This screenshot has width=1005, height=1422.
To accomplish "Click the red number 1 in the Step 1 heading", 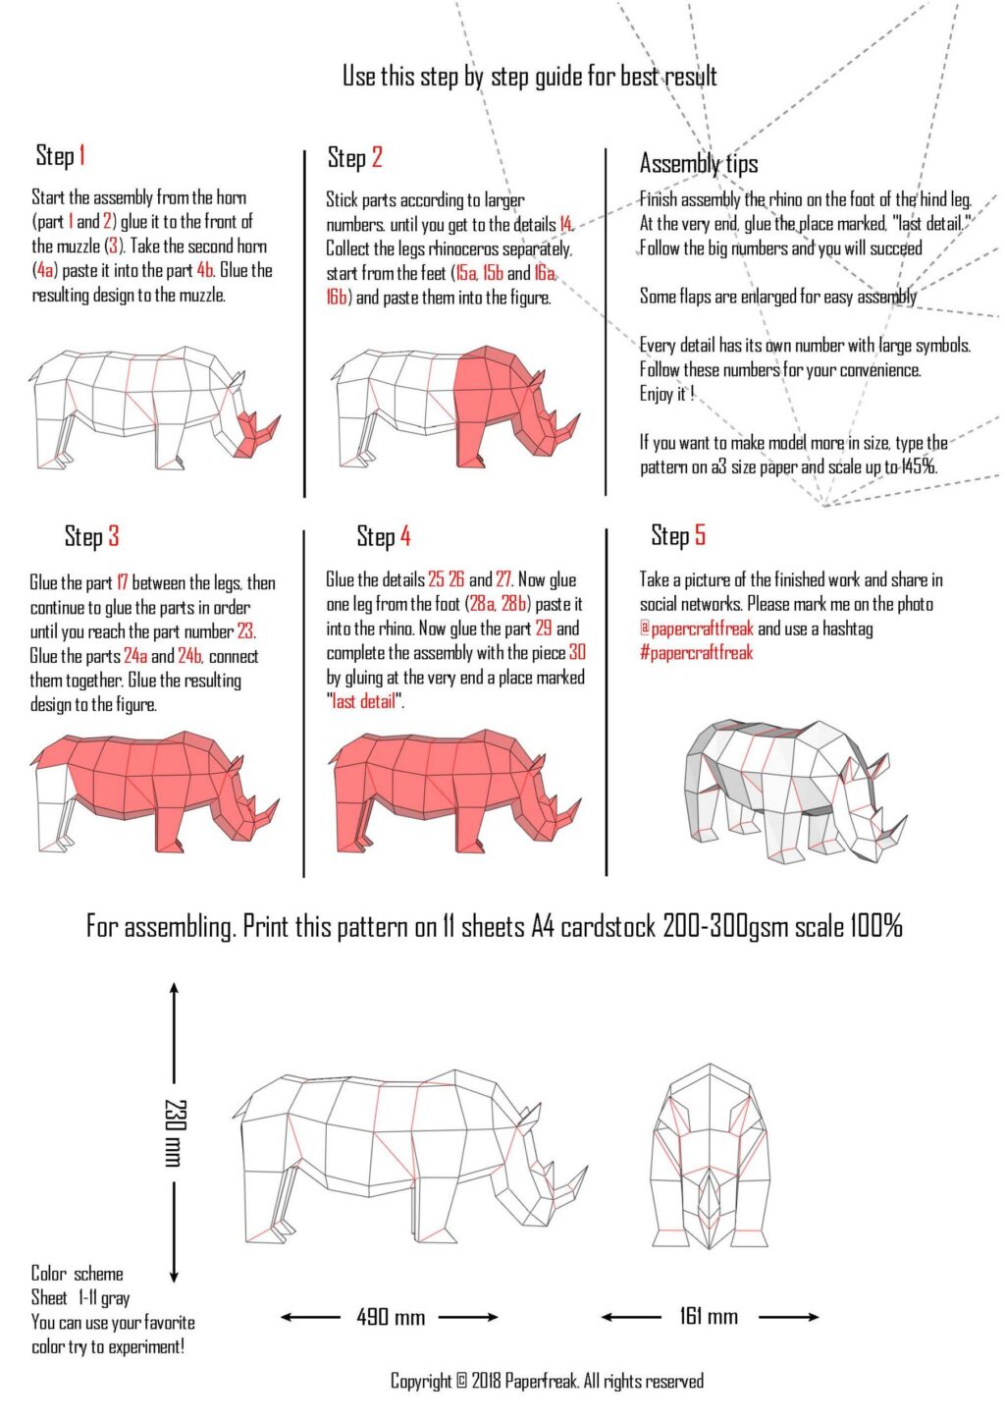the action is pos(81,155).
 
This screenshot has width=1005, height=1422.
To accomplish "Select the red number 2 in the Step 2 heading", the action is pos(377,157).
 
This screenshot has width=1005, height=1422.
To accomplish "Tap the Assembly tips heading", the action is pos(699,164).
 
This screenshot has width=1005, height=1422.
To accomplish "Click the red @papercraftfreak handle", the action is pos(697,629).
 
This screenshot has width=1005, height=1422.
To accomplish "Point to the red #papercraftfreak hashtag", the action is pos(696,653).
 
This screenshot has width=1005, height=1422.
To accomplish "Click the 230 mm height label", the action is pos(175,1132).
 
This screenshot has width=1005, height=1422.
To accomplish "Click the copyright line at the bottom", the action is pos(547,1380).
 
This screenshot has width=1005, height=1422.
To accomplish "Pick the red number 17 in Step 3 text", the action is pos(123,582).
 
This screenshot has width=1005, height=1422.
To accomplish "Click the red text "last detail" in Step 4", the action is pos(365,701).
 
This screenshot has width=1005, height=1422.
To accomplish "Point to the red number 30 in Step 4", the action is pos(577,653).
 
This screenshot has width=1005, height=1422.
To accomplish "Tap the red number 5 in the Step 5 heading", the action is pos(700,534).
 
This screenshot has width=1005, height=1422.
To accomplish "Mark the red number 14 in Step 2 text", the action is pos(565,224).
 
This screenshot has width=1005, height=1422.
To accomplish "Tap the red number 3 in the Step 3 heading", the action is pos(113,536).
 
